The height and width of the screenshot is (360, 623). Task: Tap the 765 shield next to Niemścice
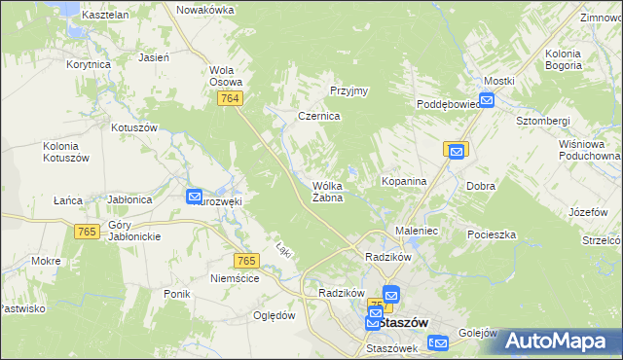click(246, 260)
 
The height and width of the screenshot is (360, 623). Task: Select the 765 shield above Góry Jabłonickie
click(87, 230)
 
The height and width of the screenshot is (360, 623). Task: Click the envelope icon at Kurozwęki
click(194, 197)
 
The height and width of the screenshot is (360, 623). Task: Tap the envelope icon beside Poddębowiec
click(486, 99)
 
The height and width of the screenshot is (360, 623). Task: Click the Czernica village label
click(318, 116)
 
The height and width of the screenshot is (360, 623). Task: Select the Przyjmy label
click(348, 90)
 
